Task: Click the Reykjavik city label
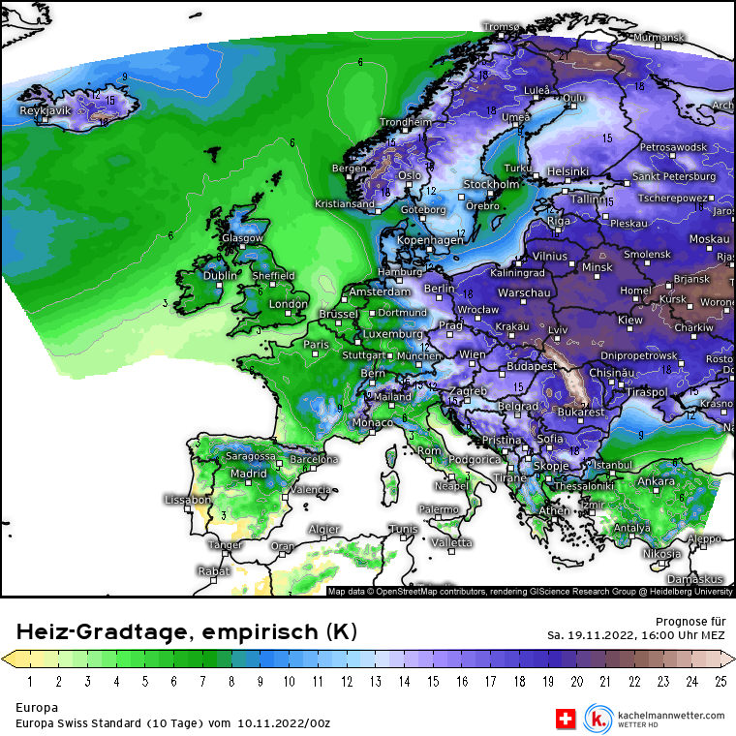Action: [x=46, y=111]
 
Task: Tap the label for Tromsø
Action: [x=501, y=27]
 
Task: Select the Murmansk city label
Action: [x=659, y=37]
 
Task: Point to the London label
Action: [x=288, y=304]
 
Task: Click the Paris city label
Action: [x=317, y=345]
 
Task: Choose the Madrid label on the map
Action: [x=249, y=474]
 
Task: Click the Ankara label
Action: [x=656, y=481]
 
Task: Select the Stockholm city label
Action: [x=491, y=184]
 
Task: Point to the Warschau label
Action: [x=524, y=292]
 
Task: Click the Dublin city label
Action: [x=220, y=276]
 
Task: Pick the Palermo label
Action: [x=439, y=509]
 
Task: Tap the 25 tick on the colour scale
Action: [x=720, y=682]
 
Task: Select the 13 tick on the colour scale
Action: [x=375, y=682]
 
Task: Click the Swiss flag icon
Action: [x=565, y=719]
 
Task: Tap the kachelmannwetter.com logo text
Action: [x=668, y=715]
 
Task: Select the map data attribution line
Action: [x=530, y=591]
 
